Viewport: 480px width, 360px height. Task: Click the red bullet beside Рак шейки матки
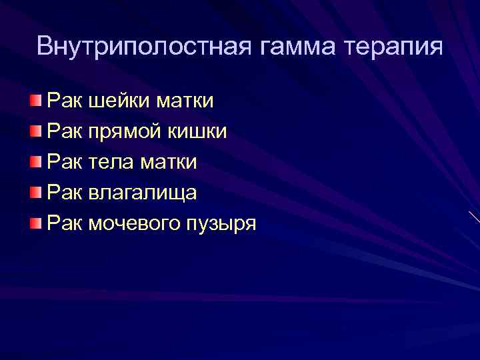pyautogui.click(x=35, y=101)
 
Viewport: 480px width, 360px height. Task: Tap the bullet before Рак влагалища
pyautogui.click(x=35, y=193)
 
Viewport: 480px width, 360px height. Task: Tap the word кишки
pyautogui.click(x=201, y=131)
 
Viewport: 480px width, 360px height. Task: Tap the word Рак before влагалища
pyautogui.click(x=64, y=193)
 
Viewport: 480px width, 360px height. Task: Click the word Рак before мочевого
pyautogui.click(x=64, y=223)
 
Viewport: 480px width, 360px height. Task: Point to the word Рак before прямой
pyautogui.click(x=64, y=131)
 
